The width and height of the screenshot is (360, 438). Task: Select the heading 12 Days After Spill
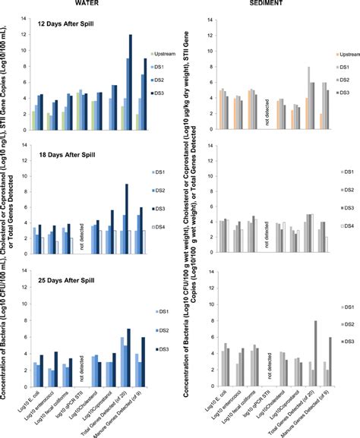click(67, 24)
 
